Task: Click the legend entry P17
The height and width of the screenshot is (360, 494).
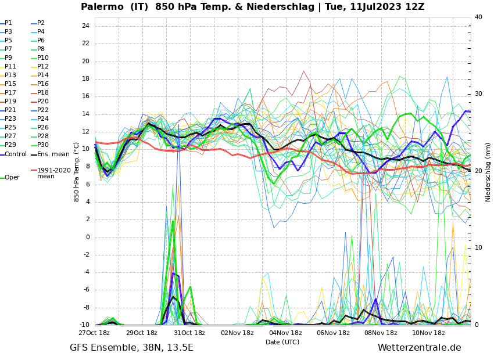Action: pos(10,93)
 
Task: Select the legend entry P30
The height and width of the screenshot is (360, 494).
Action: pos(43,145)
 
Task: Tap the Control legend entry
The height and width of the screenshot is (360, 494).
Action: pos(16,154)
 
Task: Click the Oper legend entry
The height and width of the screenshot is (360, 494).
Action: pos(12,178)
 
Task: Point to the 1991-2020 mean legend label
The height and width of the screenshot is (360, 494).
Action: pos(53,173)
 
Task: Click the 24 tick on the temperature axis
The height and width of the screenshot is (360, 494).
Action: pos(85,26)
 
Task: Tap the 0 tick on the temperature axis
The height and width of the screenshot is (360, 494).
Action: pos(87,237)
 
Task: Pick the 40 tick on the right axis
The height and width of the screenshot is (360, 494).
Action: pos(478,17)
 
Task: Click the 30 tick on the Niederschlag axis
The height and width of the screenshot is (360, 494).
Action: pos(478,94)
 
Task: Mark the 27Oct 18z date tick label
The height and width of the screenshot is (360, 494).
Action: pos(94,333)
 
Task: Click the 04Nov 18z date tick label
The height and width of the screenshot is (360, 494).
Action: pos(285,333)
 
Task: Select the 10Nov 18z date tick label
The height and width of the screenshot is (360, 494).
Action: pos(428,333)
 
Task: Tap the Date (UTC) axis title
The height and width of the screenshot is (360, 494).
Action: pos(282,343)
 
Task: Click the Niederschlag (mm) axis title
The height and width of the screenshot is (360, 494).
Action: pos(488,171)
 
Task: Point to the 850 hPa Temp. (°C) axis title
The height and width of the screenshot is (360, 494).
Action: pos(77,172)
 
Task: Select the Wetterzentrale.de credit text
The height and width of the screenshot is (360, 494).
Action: pos(419,348)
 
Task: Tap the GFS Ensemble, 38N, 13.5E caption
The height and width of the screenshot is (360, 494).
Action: pos(131,348)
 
